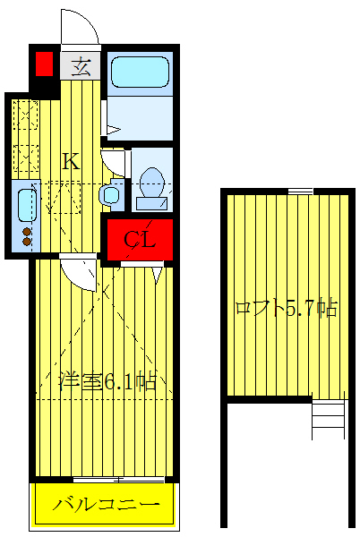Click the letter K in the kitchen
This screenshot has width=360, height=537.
click(x=71, y=162)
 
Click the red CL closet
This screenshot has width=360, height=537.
click(x=140, y=239)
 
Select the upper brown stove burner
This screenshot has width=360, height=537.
click(x=27, y=232)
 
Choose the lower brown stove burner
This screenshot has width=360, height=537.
click(x=27, y=243)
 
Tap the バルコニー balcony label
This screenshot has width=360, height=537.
click(x=104, y=506)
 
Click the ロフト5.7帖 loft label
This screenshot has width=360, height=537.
click(x=286, y=309)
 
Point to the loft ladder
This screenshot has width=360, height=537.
click(x=328, y=418)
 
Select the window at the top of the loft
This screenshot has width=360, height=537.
click(x=300, y=191)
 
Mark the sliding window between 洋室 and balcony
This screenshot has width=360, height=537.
click(x=104, y=480)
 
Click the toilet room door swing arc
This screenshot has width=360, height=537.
click(x=115, y=161)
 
